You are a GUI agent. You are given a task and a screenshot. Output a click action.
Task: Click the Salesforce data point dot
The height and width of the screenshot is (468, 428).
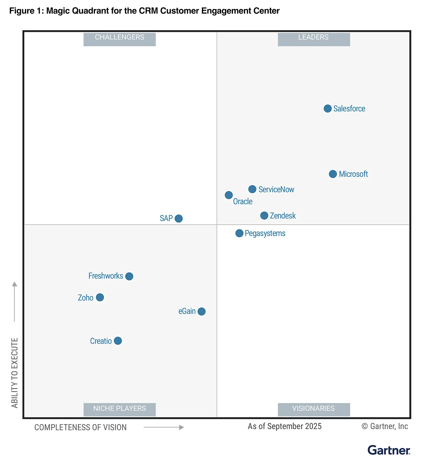coord(327,109)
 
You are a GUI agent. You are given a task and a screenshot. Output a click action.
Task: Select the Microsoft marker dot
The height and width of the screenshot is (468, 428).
coord(333,174)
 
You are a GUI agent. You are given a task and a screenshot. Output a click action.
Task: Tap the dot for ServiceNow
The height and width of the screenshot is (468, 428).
coord(252,189)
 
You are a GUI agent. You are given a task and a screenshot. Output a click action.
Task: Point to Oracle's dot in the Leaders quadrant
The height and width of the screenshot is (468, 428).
coord(229,195)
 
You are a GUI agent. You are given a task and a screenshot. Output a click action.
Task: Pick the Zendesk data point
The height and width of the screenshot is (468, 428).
coord(264,215)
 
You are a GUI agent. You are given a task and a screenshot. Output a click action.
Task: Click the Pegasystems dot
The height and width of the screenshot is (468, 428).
coord(239,233)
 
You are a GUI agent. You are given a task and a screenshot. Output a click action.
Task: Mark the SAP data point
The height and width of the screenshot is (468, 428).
coord(179,218)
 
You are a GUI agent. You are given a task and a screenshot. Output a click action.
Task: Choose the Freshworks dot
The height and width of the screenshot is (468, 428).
coord(129,276)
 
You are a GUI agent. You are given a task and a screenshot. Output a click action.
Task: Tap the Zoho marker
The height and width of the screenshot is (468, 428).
coord(100,297)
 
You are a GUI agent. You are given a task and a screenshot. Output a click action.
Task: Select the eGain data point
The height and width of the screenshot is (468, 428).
coord(201,311)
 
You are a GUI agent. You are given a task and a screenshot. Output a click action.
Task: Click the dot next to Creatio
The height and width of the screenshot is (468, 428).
coord(118,341)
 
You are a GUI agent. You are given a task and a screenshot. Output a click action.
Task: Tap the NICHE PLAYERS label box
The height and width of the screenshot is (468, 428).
coord(120,409)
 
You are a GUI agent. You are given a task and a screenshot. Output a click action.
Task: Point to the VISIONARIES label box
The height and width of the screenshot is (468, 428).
coord(314,409)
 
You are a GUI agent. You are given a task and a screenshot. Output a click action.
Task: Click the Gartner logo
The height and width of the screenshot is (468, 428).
coord(389,450)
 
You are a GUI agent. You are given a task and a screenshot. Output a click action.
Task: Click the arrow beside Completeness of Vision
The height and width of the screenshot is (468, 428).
coord(164,427)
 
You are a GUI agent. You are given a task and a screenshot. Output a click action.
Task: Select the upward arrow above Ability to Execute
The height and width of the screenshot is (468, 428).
coord(15,301)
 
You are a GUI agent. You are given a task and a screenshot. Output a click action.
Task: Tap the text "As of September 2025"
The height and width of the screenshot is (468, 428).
coord(284,426)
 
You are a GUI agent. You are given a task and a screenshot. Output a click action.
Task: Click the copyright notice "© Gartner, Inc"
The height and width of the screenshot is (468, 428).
coord(385,426)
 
